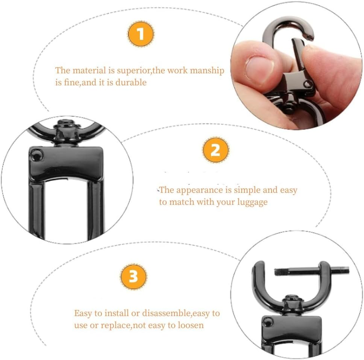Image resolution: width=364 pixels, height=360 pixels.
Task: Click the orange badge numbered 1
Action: pos(141,34)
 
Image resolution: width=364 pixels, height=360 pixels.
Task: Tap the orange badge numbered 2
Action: pos(215,150)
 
